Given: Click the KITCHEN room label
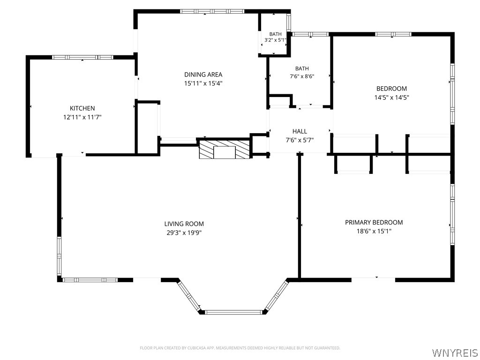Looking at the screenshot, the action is click(x=82, y=108).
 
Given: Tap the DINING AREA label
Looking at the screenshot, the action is click(x=203, y=75).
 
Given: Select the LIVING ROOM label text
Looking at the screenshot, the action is click(x=184, y=224).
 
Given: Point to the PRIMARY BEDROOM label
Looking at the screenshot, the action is click(x=374, y=222).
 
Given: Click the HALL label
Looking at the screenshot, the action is click(x=300, y=131).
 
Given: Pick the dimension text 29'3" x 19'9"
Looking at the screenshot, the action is click(x=184, y=232).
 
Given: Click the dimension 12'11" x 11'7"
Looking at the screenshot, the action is click(x=82, y=117).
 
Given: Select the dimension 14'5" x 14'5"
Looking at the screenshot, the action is click(x=391, y=97).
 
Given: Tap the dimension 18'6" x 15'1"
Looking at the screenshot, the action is click(x=374, y=231).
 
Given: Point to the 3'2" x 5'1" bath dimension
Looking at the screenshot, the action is click(x=275, y=40).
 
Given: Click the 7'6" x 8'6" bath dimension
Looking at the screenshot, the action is click(x=302, y=76).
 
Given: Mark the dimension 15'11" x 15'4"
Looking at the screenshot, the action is click(x=203, y=83).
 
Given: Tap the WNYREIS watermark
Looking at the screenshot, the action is click(x=455, y=352).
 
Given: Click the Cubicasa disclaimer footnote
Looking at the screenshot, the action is click(x=240, y=348).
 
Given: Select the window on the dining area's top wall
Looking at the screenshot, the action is click(x=212, y=11).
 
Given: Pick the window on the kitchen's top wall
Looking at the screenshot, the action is click(x=82, y=57).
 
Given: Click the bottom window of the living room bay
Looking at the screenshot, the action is click(x=233, y=312).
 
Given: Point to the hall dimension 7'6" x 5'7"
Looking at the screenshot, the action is click(x=300, y=140).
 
